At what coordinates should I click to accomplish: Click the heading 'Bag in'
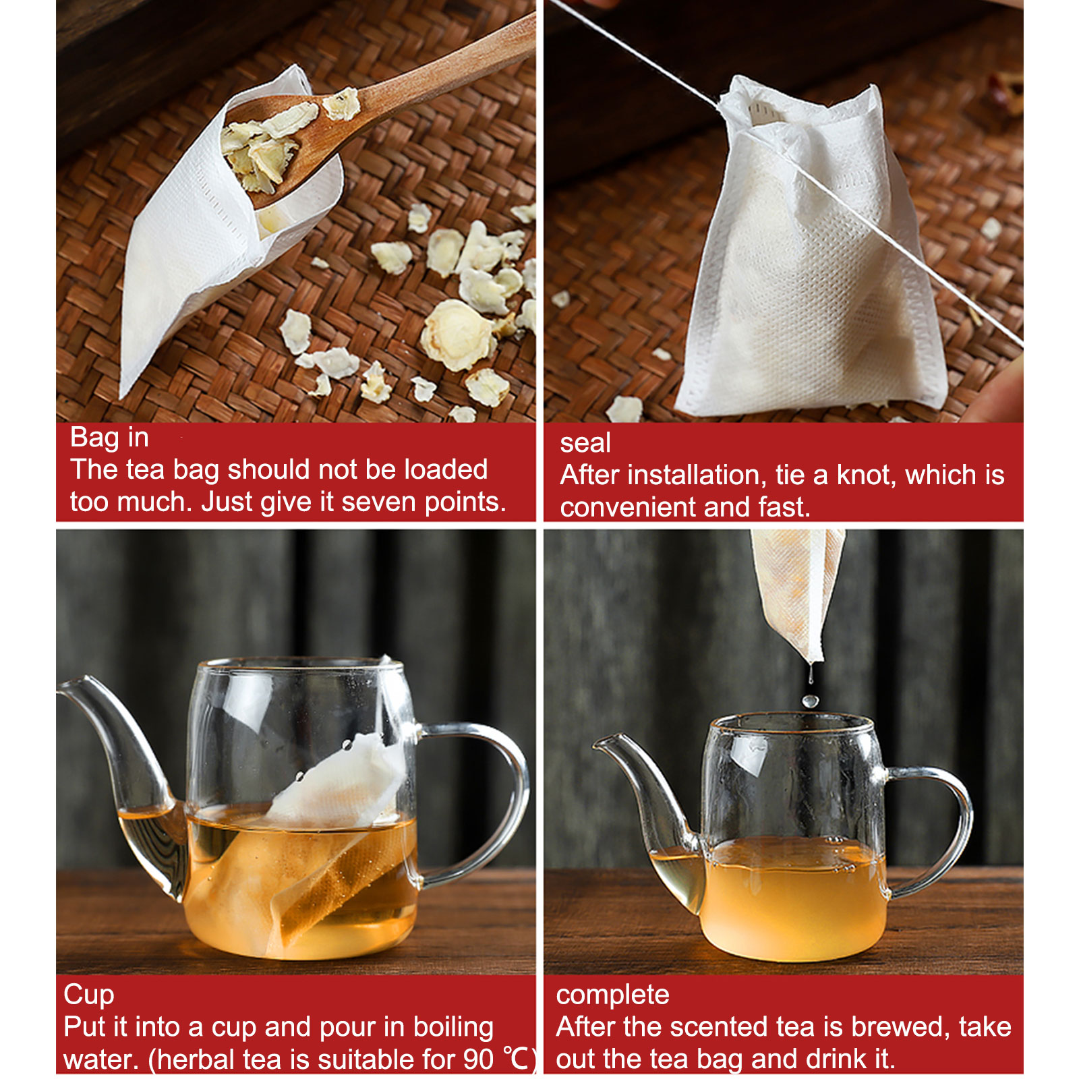109,438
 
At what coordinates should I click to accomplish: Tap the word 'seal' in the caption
585,443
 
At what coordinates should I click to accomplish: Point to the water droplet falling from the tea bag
810,701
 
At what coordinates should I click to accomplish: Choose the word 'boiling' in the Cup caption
453,1027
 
